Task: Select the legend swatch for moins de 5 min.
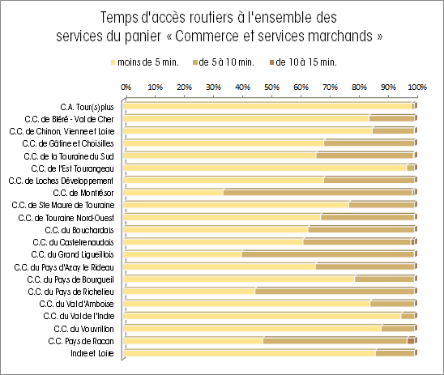coord(113,62)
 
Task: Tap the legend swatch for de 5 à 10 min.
coord(194,62)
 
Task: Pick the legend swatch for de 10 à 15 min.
coord(272,62)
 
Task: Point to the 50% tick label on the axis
coord(272,87)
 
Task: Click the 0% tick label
coord(126,87)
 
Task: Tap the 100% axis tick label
coord(417,87)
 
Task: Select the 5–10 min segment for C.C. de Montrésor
coord(318,193)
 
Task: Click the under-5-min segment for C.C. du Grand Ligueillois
coord(182,254)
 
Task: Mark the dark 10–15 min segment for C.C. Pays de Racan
coord(411,341)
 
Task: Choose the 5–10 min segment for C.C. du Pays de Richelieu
coord(335,292)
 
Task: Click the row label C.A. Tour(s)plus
coord(87,107)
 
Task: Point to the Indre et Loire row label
coord(92,353)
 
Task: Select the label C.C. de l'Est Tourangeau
coord(72,168)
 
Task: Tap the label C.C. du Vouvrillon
coord(83,329)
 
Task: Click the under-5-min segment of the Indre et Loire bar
coord(250,353)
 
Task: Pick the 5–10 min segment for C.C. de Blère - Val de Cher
coord(392,118)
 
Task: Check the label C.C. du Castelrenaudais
coord(74,242)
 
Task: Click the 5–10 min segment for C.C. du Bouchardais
coord(361,229)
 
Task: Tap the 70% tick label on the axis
coord(331,87)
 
